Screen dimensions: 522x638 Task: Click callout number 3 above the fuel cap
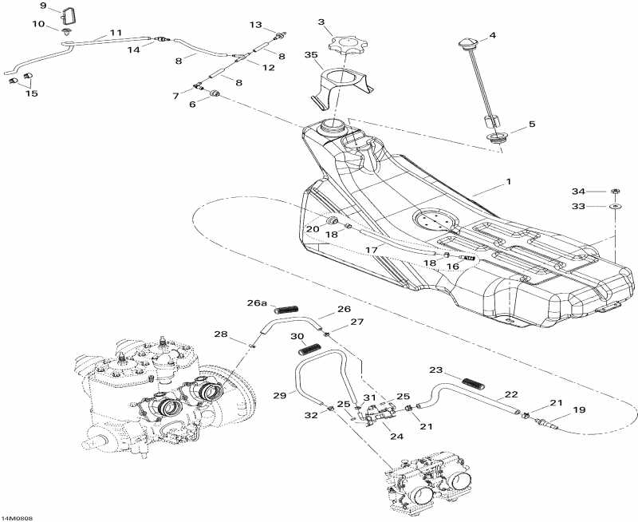(x=321, y=23)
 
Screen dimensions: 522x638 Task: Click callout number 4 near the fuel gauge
(x=492, y=36)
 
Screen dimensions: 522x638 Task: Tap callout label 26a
(x=256, y=303)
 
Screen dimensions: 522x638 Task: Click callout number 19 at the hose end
(x=580, y=410)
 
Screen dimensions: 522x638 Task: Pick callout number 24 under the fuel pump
(x=397, y=436)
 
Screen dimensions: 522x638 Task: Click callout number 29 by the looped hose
(x=278, y=396)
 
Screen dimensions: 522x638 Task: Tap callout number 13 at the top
(x=256, y=25)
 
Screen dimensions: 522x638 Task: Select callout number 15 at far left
(x=31, y=93)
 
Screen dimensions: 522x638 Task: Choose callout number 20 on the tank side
(x=313, y=229)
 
